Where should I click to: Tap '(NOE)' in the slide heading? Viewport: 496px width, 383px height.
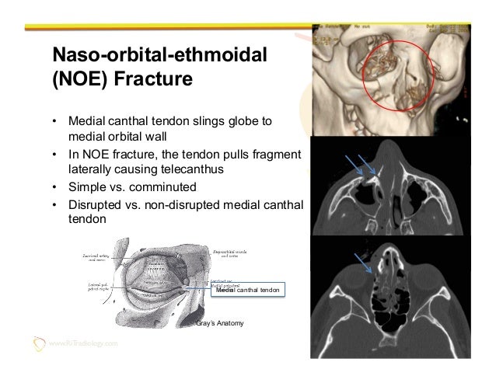pos(77,82)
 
